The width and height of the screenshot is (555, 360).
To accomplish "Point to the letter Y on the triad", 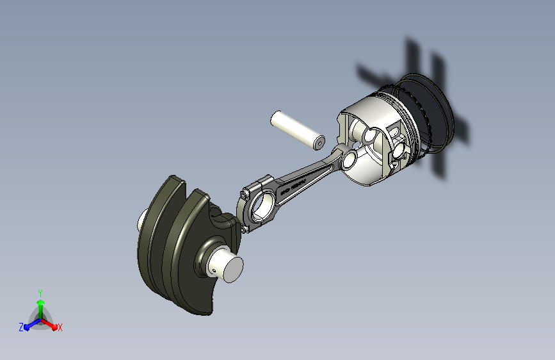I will [x=40, y=291].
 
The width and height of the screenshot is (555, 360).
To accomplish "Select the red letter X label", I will [x=60, y=327].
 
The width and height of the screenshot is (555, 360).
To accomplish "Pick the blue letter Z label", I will [x=21, y=327].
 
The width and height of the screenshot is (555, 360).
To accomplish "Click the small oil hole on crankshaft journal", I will [x=212, y=270].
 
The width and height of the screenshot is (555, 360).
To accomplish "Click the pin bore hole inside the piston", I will [x=371, y=136].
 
